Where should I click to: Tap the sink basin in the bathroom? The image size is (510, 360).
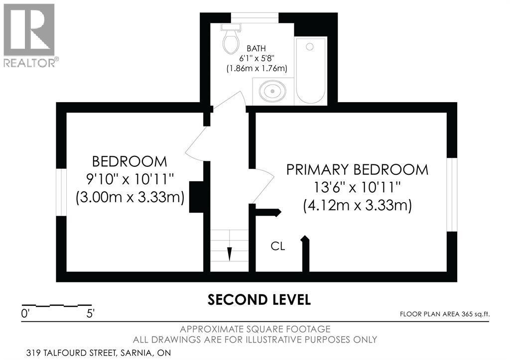click(272, 91)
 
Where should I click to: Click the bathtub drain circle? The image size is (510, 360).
click(310, 47)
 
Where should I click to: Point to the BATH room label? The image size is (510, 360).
click(256, 48)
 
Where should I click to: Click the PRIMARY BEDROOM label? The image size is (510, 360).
click(357, 170)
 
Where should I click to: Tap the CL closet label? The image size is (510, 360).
click(278, 246)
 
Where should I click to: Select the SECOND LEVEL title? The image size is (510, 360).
click(259, 300)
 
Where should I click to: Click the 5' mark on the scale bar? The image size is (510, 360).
click(91, 314)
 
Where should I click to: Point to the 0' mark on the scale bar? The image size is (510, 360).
click(25, 314)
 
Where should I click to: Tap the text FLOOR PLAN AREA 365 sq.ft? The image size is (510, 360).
click(445, 314)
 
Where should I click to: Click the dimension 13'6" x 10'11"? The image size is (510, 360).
click(357, 187)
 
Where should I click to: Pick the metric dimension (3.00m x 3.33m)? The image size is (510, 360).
click(130, 197)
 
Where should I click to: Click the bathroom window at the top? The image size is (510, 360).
click(255, 17)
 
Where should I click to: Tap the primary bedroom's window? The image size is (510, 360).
click(452, 195)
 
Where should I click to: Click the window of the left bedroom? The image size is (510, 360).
click(61, 192)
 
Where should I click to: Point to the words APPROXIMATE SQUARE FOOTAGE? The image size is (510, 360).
click(255, 329)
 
